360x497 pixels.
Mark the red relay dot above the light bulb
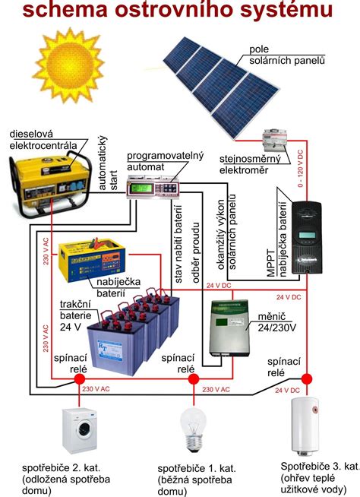(193, 378)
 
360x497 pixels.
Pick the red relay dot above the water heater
(307, 378)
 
